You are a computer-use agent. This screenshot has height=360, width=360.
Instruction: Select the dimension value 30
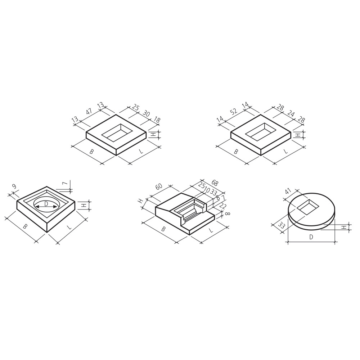pyautogui.click(x=146, y=113)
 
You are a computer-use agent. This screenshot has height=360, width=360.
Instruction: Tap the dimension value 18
pyautogui.click(x=157, y=120)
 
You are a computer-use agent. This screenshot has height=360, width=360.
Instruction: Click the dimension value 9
pyautogui.click(x=14, y=186)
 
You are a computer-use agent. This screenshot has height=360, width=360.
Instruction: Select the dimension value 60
pyautogui.click(x=159, y=186)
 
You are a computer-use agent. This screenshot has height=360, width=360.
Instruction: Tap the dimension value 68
pyautogui.click(x=215, y=183)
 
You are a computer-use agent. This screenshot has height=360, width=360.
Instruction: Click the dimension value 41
pyautogui.click(x=288, y=191)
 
